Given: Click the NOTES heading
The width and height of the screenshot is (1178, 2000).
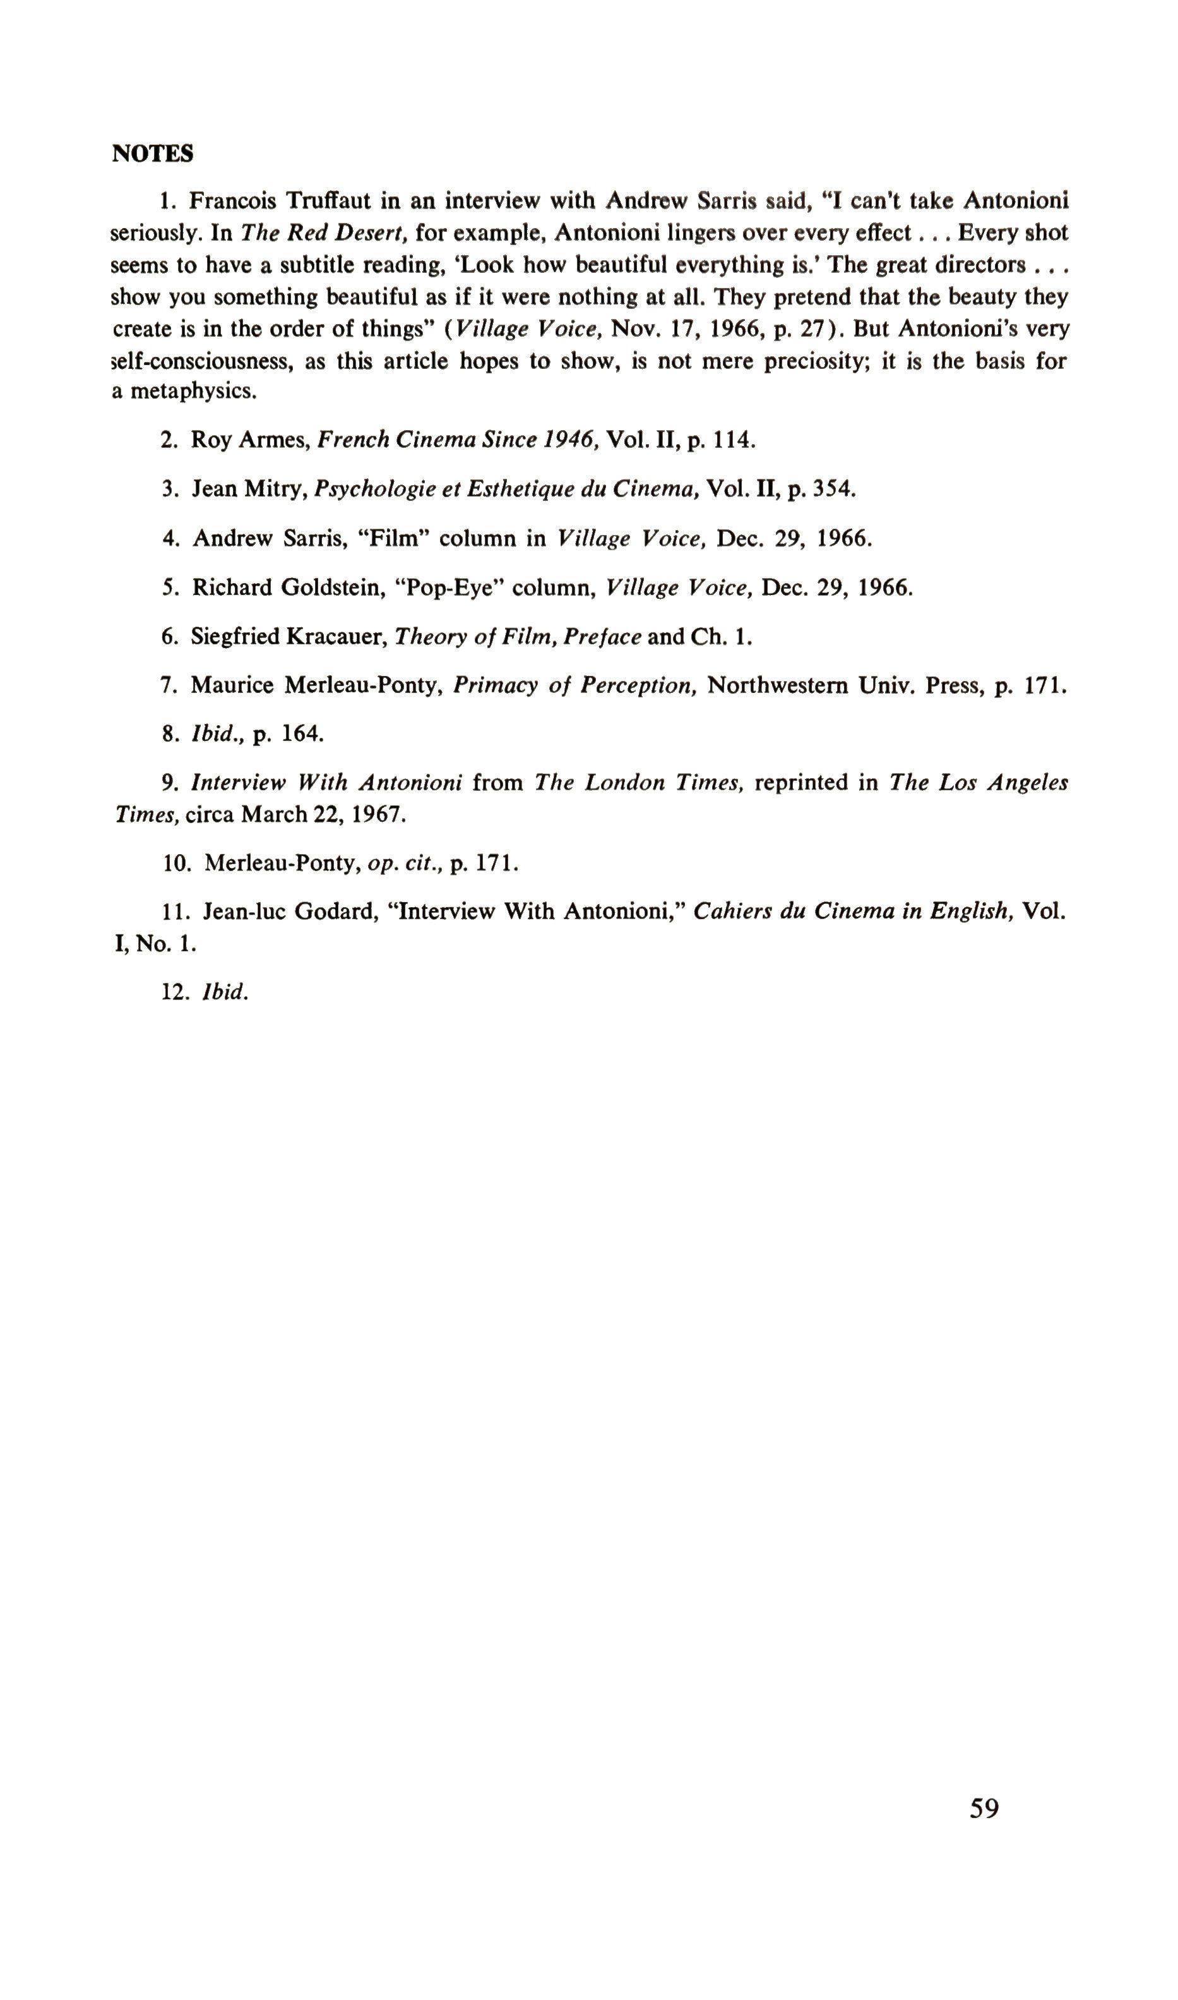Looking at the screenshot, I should (x=152, y=154).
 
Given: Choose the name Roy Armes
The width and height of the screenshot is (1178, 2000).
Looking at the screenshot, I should (x=249, y=440).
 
